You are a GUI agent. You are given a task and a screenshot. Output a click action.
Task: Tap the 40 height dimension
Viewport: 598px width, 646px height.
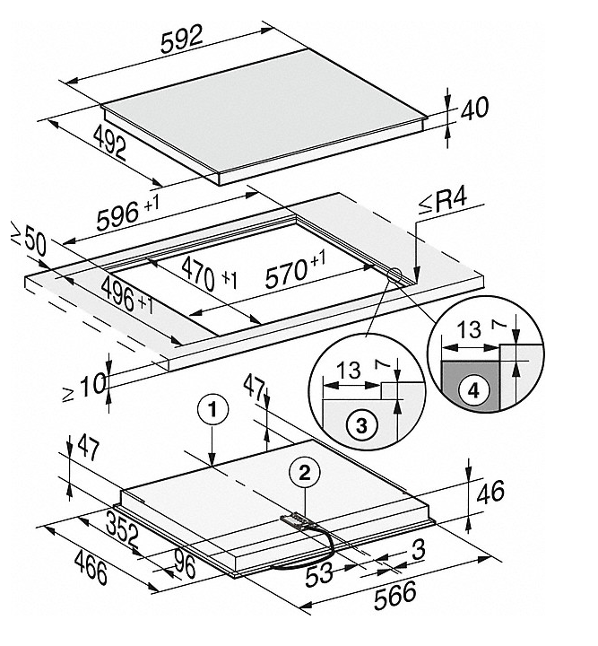coord(474,109)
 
